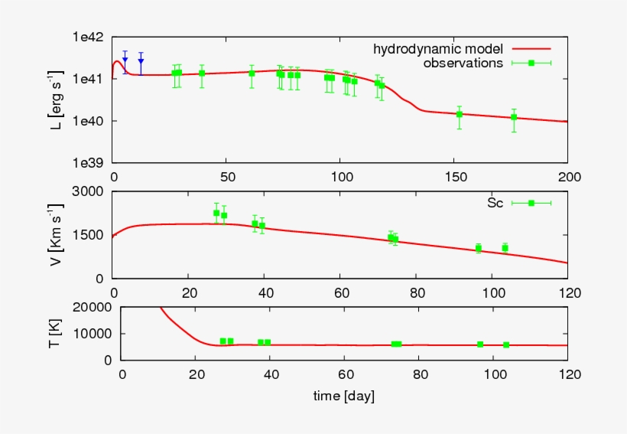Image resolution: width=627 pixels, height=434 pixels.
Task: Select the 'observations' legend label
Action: [x=463, y=63]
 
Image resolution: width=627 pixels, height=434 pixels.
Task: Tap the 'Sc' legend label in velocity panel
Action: [x=494, y=203]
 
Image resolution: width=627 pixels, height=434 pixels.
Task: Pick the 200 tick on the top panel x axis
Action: [x=567, y=177]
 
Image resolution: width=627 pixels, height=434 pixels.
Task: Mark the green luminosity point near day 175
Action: [x=514, y=117]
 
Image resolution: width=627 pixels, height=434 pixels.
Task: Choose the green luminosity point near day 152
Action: [x=460, y=114]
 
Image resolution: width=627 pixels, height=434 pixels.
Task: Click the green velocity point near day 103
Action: [x=505, y=247]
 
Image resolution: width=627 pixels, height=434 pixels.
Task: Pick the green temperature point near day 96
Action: [x=480, y=344]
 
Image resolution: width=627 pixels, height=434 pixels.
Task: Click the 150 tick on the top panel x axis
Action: [x=454, y=177]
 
